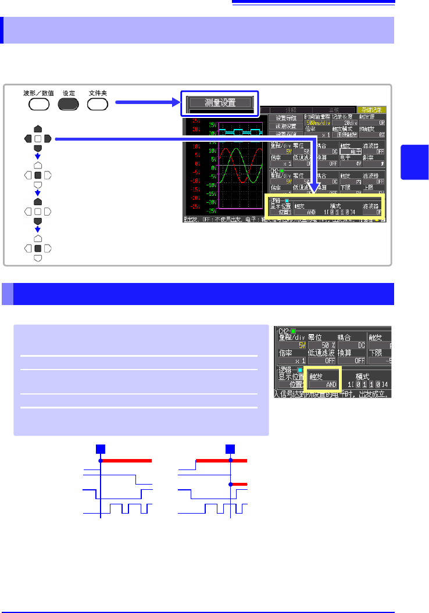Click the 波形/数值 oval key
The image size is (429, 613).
pyautogui.click(x=38, y=105)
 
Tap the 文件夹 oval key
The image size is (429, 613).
pyautogui.click(x=98, y=105)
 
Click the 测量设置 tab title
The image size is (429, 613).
pyautogui.click(x=220, y=103)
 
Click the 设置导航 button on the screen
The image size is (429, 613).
pyautogui.click(x=285, y=118)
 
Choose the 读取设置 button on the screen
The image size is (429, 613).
pyautogui.click(x=285, y=126)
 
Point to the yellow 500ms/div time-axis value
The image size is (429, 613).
pyautogui.click(x=319, y=123)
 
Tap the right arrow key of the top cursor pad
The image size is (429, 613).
pyautogui.click(x=48, y=139)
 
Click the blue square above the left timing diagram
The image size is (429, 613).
pyautogui.click(x=101, y=448)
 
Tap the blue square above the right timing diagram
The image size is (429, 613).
pyautogui.click(x=231, y=448)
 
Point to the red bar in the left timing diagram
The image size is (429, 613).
pyautogui.click(x=127, y=460)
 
